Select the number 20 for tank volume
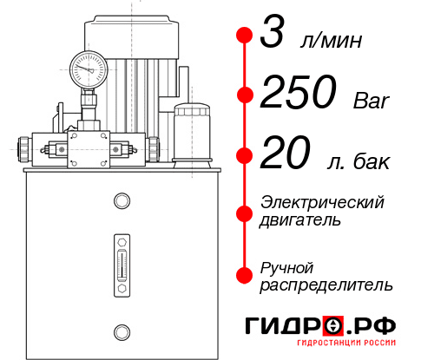286,157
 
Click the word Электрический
322,202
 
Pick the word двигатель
300,220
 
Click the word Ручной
286,266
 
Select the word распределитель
326,285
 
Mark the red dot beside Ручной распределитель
245,275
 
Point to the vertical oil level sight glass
121,259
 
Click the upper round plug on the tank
121,201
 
